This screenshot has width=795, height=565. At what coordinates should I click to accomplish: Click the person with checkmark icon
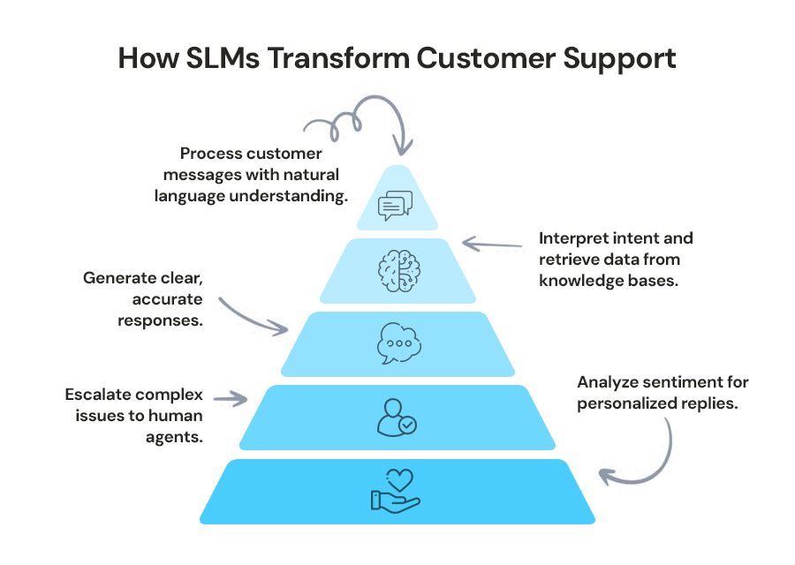[x=396, y=417]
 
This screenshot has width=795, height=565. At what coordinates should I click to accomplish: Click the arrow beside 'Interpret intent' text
[x=491, y=243]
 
